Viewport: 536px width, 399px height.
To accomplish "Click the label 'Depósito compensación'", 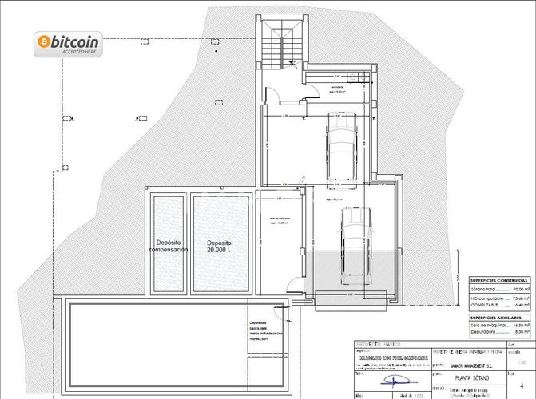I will [168, 246].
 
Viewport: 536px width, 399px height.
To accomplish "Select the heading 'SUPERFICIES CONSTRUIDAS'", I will [498, 281].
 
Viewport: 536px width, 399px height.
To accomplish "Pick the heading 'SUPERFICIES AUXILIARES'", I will [498, 318].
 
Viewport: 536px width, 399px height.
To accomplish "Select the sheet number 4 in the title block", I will [521, 385].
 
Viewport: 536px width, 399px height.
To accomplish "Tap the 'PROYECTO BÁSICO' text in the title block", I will [380, 344].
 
